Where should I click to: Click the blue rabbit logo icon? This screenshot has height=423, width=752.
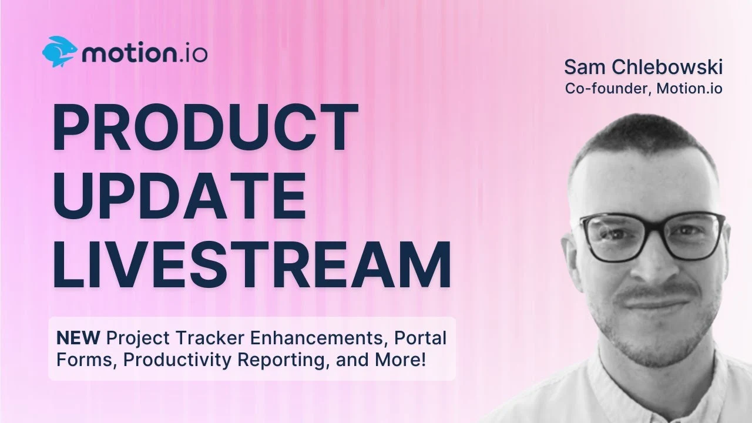click(60, 52)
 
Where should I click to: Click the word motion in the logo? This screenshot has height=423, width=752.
click(129, 53)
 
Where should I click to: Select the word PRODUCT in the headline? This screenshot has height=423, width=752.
click(206, 127)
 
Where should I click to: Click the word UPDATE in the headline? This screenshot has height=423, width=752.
click(179, 196)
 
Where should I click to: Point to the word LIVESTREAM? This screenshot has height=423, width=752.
click(251, 264)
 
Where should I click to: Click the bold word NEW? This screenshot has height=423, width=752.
click(78, 338)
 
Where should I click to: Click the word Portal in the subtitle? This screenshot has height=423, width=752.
click(420, 338)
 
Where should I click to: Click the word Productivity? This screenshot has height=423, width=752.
click(177, 360)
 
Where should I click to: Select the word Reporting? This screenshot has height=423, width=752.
click(283, 360)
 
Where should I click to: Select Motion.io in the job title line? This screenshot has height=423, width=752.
click(689, 88)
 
